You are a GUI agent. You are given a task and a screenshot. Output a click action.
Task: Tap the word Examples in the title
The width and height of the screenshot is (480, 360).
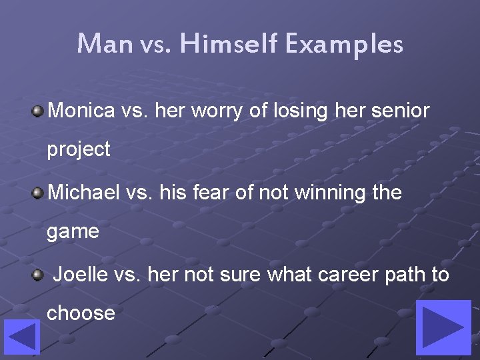(x=345, y=44)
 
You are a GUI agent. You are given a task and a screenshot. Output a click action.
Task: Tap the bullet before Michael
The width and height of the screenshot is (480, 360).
(x=38, y=193)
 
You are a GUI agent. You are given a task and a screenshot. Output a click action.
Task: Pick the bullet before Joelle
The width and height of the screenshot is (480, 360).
(x=38, y=274)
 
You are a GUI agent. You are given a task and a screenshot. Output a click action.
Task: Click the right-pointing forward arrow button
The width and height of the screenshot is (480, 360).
(x=443, y=327)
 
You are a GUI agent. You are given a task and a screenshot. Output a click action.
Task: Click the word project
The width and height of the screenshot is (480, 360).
(x=78, y=150)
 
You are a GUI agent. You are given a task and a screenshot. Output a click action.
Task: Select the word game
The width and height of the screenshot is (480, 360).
(x=73, y=232)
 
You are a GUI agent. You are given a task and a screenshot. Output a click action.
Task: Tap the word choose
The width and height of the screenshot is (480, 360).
(x=81, y=313)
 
